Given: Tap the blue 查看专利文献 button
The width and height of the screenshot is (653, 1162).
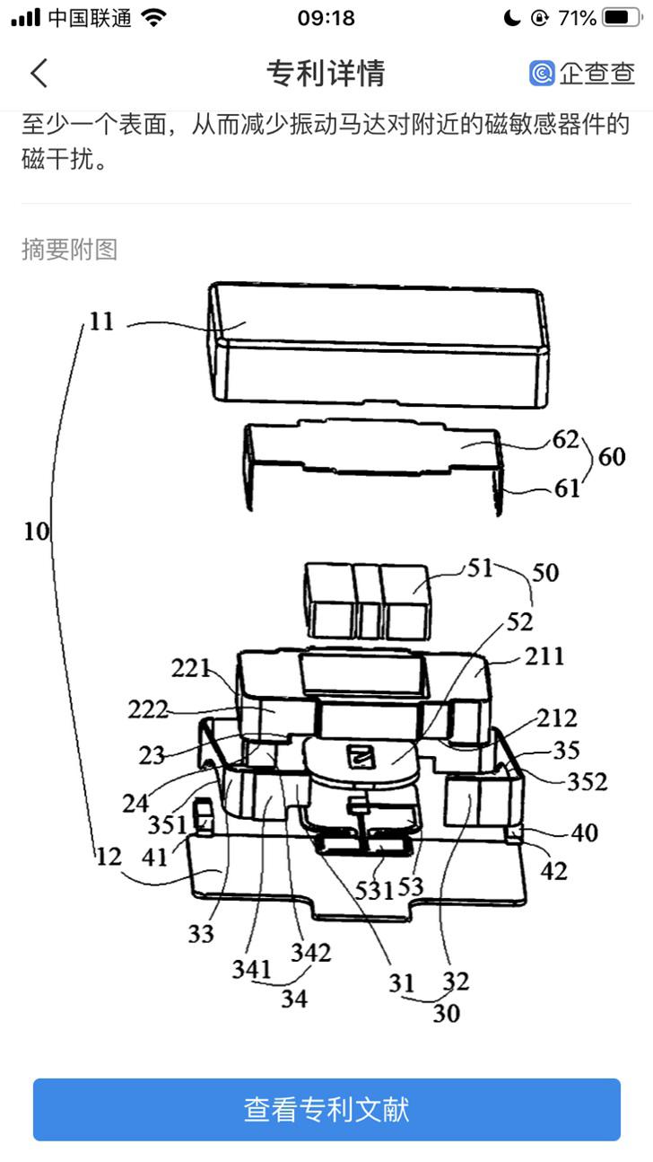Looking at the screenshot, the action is click(x=326, y=1109).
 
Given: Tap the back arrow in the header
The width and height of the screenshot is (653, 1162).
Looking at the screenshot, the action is click(x=39, y=73).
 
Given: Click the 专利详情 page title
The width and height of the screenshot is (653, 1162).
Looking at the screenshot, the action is click(x=326, y=73).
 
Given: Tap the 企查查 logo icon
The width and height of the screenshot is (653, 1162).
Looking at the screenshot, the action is click(x=542, y=73).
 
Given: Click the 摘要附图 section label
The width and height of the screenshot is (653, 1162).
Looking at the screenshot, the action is click(x=69, y=250).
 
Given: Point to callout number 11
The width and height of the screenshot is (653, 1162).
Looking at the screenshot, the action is click(x=101, y=321).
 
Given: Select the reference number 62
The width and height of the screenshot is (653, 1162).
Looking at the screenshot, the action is click(x=565, y=440).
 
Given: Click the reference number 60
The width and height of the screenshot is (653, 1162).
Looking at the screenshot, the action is click(x=612, y=457).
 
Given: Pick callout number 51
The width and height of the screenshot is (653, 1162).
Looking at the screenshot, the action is click(x=481, y=568).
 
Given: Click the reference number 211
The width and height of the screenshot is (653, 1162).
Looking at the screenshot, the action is click(x=544, y=656).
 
